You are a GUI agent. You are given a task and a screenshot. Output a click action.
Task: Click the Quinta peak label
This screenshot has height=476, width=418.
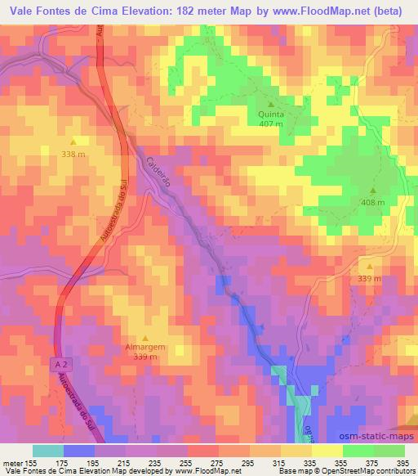click(271, 115)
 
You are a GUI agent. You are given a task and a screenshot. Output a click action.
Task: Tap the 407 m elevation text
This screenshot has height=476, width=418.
click(271, 124)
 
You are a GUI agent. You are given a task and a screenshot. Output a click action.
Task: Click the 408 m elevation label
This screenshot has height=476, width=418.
click(372, 202)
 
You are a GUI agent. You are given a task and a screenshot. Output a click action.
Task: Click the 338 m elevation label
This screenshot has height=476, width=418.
click(73, 153)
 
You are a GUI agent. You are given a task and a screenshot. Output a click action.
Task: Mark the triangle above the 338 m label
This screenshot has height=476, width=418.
click(73, 140)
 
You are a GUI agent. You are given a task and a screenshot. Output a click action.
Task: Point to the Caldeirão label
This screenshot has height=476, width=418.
click(158, 174)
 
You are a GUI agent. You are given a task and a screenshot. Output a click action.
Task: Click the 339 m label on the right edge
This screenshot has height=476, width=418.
click(370, 279)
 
